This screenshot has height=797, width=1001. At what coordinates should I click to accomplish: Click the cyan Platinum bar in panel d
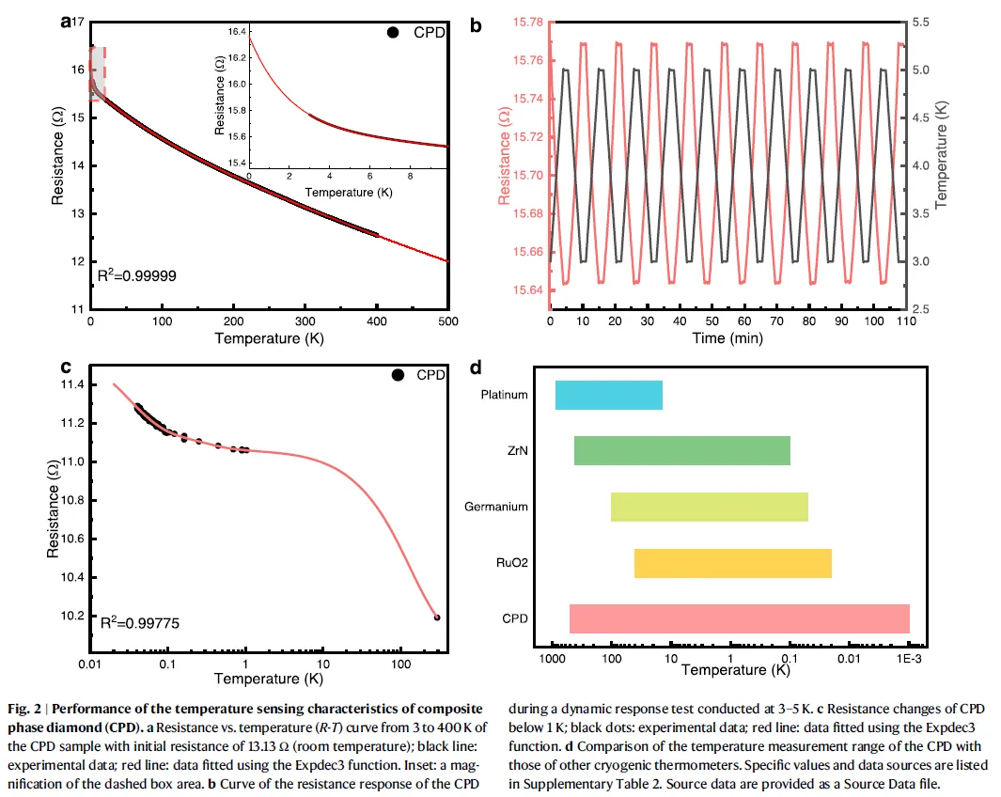(x=608, y=395)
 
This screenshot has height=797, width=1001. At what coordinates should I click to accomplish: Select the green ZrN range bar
(x=681, y=451)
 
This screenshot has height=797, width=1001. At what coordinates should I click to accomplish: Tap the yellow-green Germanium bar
(x=709, y=507)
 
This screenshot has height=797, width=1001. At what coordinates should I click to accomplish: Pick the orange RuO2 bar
(x=732, y=563)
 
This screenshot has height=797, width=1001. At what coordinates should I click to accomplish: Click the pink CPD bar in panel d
(x=739, y=618)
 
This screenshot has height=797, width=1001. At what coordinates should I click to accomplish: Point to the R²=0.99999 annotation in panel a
(x=138, y=276)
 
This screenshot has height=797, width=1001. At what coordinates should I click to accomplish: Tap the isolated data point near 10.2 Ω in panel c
(x=436, y=617)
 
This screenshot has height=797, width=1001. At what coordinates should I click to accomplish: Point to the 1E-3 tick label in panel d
(x=908, y=661)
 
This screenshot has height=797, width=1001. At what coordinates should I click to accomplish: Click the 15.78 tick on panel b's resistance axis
(x=526, y=21)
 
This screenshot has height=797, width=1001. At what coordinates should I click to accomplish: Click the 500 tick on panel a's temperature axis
(x=448, y=320)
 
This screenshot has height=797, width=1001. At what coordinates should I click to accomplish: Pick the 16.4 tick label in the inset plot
(x=234, y=32)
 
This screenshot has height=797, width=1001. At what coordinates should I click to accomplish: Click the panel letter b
(x=476, y=26)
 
